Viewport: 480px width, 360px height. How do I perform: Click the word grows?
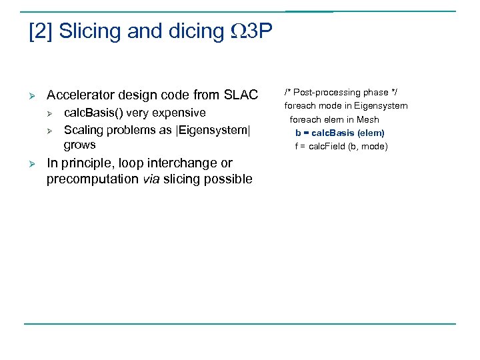(x=79, y=145)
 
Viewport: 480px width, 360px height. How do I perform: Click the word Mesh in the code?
(x=367, y=120)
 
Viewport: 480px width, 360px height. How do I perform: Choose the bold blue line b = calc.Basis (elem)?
(x=339, y=133)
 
